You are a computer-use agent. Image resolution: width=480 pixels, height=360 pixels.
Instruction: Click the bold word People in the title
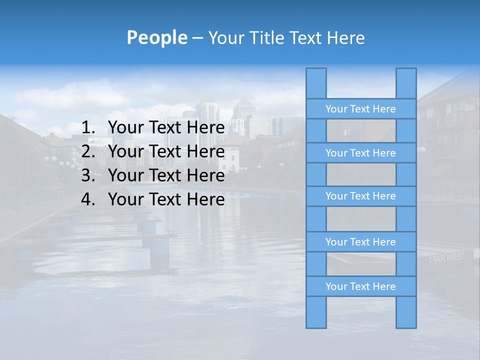point(157,37)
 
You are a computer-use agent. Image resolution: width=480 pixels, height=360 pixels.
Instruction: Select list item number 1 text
point(166,127)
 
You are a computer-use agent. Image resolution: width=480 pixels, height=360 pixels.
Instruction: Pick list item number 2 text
point(166,151)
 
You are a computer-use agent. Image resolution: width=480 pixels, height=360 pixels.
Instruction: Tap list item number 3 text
point(166,175)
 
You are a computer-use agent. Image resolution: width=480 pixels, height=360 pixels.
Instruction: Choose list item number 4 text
point(166,199)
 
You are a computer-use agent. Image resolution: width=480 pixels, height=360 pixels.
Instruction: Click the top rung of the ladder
point(360,109)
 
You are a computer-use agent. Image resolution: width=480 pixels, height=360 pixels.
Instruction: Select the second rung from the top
point(360,153)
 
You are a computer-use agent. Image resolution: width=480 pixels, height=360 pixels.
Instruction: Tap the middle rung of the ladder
point(360,196)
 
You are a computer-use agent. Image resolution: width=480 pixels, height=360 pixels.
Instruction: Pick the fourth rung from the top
point(360,242)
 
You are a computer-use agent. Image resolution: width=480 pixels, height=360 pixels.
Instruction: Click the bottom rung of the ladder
point(360,286)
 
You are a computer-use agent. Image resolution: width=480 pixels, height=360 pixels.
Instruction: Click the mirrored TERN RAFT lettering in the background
point(446,258)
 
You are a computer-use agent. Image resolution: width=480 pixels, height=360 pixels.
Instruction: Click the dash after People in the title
point(197,38)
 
